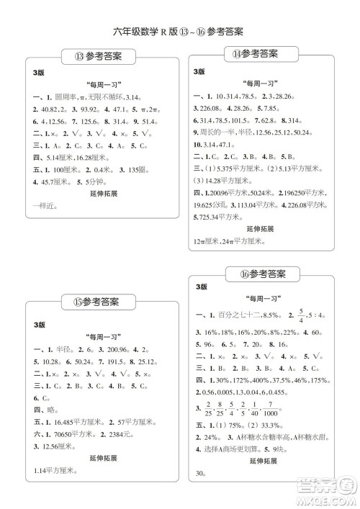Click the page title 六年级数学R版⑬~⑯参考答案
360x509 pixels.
point(179,32)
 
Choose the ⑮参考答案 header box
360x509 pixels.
point(95,301)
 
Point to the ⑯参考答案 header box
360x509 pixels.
point(262,274)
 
